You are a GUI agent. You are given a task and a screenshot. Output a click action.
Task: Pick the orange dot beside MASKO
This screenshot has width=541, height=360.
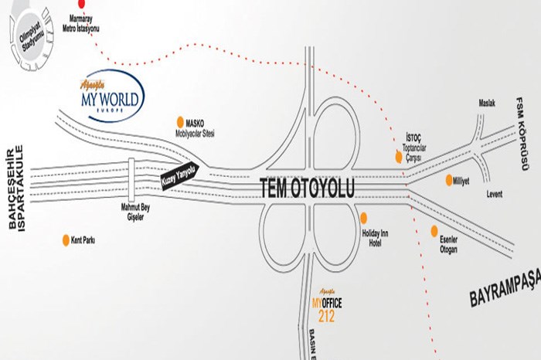point(179,121)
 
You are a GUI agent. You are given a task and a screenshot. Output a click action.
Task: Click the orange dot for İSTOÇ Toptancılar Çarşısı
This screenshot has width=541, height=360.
point(399,157)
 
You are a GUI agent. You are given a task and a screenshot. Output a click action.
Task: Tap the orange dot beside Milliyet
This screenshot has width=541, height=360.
point(449,180)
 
